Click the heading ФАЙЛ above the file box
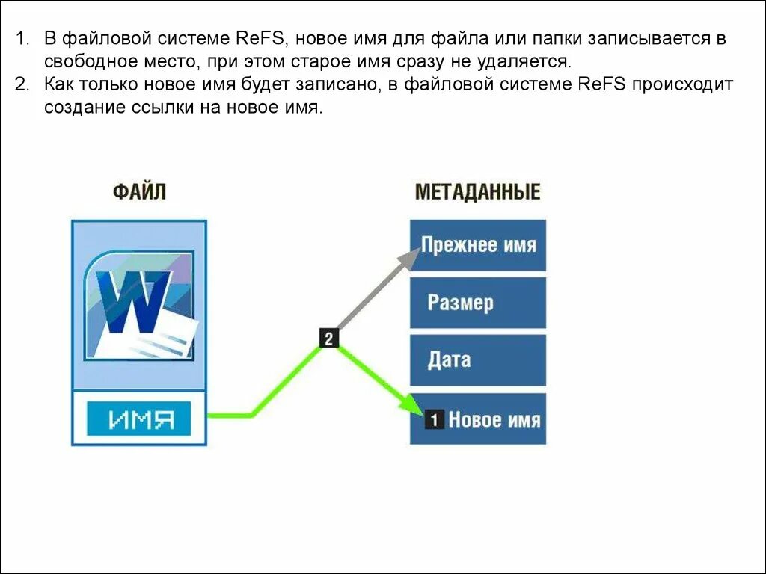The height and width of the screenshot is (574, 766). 139,191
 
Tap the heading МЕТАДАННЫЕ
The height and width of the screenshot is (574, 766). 477,191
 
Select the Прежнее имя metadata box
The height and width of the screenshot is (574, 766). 478,245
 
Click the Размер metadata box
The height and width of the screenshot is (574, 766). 478,303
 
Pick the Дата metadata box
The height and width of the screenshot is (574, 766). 478,359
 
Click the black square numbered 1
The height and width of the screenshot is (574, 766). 435,419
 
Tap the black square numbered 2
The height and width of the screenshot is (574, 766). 329,338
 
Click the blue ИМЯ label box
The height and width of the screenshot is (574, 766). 139,419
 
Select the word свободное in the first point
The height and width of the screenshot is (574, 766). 85,61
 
